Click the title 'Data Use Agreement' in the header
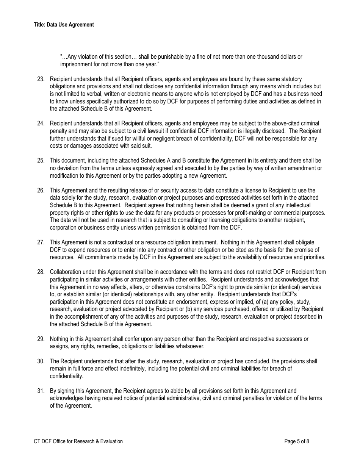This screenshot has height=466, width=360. (x=70, y=25)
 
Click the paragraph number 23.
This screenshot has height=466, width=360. (x=41, y=79)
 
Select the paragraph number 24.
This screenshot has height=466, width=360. (x=41, y=124)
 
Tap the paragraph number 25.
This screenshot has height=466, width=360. (x=41, y=161)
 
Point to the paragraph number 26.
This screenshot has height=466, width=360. (x=41, y=190)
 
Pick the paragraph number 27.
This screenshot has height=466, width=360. (x=41, y=242)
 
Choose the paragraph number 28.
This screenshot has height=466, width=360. (x=41, y=272)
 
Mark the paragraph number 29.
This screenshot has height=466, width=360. (x=41, y=339)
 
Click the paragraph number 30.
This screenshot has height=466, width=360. (x=41, y=361)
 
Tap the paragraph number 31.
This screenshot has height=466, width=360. (x=41, y=391)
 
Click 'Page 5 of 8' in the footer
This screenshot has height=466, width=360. (x=297, y=441)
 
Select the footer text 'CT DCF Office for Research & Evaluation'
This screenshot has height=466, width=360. (x=78, y=441)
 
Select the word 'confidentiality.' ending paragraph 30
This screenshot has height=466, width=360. (x=66, y=376)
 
